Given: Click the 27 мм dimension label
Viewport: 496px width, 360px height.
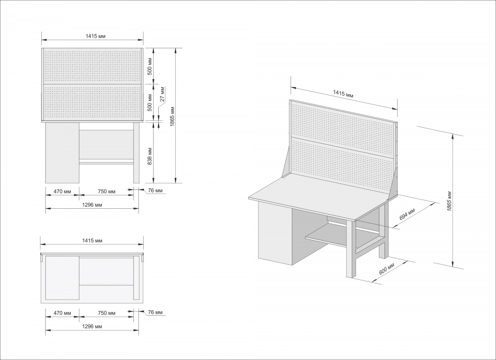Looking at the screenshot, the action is (162, 94).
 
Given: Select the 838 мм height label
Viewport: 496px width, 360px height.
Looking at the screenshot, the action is (150, 156).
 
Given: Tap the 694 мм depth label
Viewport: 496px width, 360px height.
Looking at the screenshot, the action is (407, 214).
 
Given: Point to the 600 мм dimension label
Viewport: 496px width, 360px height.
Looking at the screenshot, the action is (386, 269).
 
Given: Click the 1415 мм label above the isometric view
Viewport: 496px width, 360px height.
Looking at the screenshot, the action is (343, 94).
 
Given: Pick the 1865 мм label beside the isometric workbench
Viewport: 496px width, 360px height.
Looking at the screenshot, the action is (449, 201).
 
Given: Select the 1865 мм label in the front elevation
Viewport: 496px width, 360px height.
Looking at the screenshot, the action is (172, 117).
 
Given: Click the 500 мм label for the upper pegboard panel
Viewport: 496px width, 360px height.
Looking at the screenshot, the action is (150, 67).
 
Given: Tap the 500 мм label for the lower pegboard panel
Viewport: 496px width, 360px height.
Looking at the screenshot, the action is (150, 103).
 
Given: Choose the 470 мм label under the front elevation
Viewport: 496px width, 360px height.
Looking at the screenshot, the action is (62, 191).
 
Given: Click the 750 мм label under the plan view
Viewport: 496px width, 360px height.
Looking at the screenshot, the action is (107, 313).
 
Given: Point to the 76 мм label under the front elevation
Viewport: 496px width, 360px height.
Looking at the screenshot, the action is (155, 191).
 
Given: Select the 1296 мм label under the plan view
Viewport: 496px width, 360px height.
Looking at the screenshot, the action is (92, 327).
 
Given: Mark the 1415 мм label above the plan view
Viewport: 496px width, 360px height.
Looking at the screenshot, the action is (92, 241).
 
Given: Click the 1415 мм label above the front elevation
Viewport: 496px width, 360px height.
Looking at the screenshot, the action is (95, 36).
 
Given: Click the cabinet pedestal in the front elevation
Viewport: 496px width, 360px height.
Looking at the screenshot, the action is (62, 153).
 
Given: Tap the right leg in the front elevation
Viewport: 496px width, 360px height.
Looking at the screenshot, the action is (136, 153).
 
